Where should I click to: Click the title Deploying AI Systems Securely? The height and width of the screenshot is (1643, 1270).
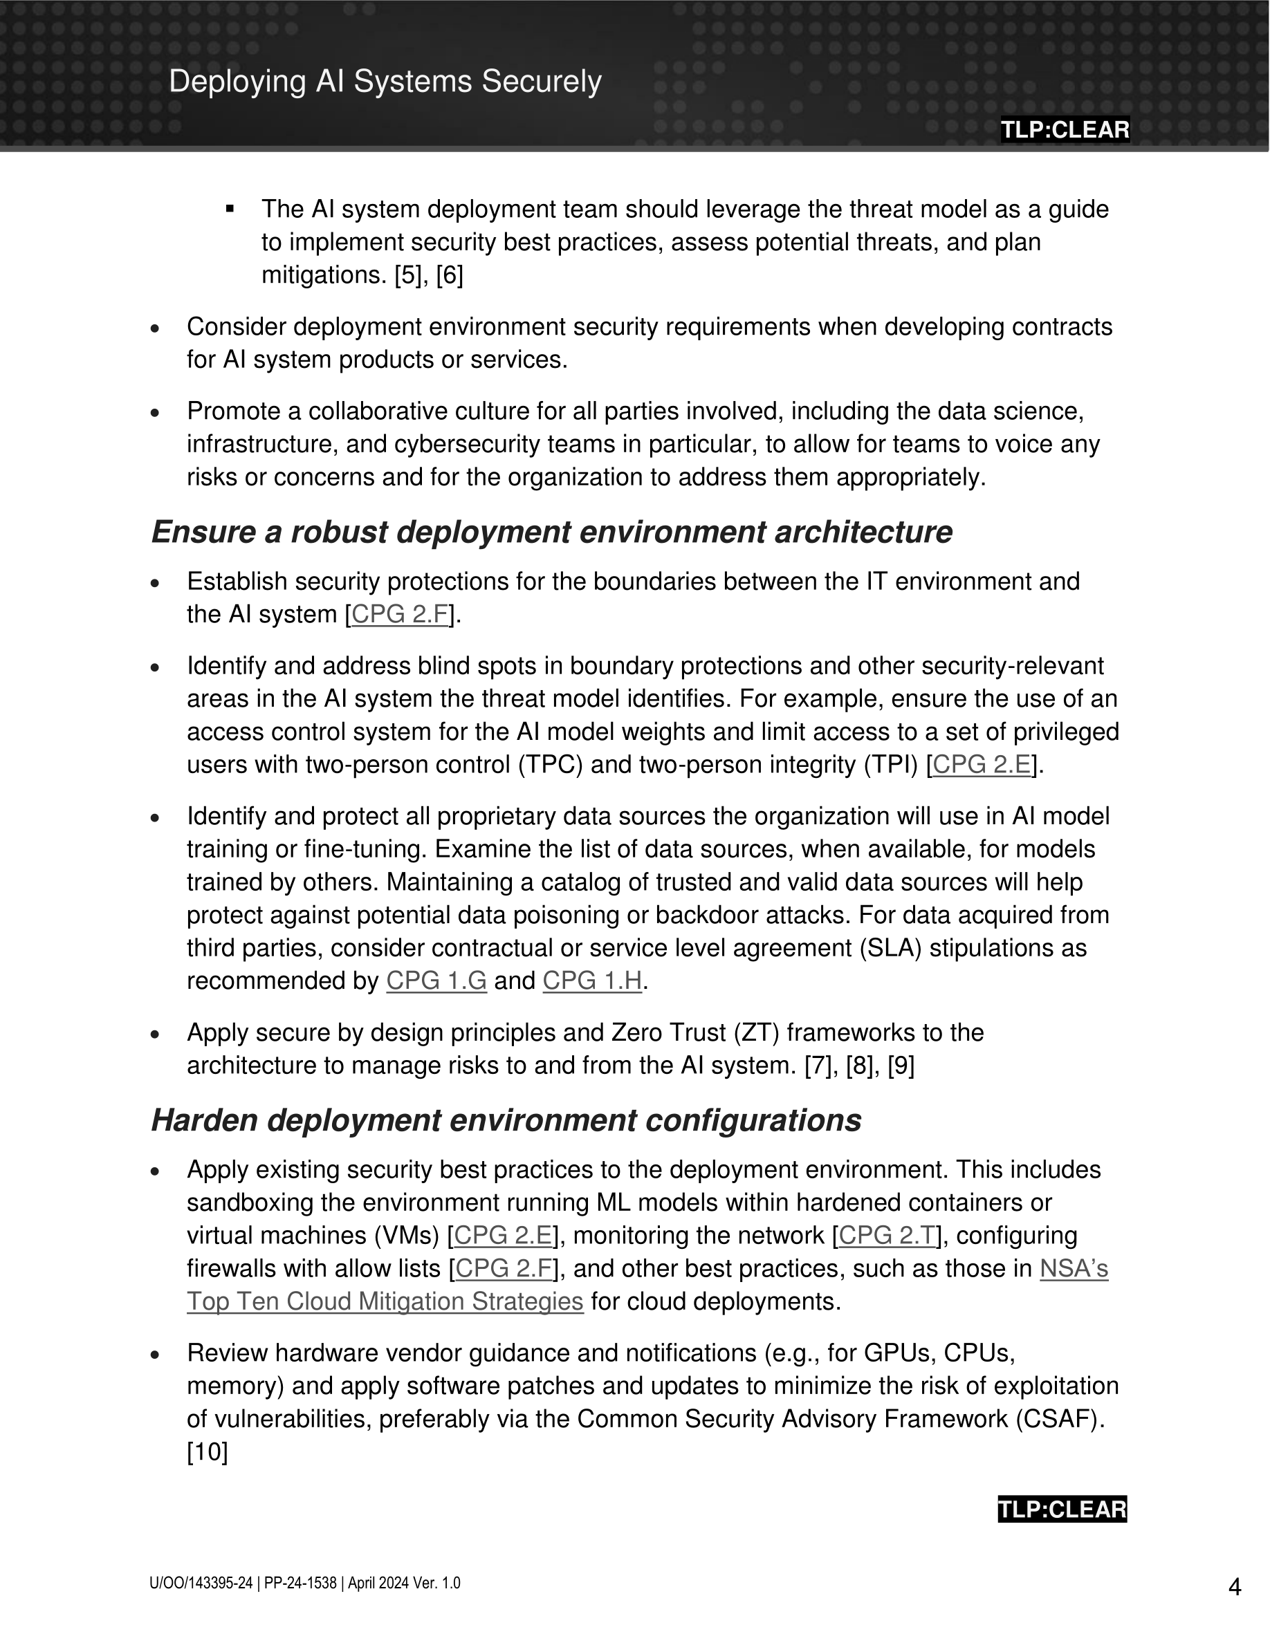pos(385,81)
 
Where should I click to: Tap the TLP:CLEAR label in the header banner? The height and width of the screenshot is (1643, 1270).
pos(1064,129)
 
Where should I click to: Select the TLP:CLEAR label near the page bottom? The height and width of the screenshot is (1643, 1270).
pos(1062,1509)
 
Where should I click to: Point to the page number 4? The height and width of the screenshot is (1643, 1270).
pos(1235,1586)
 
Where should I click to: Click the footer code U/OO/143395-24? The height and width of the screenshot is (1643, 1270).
pos(201,1583)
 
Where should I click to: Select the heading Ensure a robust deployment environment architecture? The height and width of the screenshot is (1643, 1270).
pos(551,532)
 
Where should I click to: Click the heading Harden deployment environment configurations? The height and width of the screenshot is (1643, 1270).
pos(506,1120)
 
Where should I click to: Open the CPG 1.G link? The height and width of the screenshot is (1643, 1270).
pos(436,981)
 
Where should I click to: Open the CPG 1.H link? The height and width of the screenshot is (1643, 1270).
pos(592,981)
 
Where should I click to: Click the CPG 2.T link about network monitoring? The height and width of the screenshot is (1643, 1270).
pos(886,1235)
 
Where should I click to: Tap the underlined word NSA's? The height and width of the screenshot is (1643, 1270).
pos(1074,1268)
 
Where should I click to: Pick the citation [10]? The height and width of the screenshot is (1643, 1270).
pos(207,1452)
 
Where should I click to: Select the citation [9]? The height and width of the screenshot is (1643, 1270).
pos(901,1066)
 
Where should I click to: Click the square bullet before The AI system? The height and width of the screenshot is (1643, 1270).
pos(230,208)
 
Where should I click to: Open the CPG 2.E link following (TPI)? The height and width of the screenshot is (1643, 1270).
pos(981,765)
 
